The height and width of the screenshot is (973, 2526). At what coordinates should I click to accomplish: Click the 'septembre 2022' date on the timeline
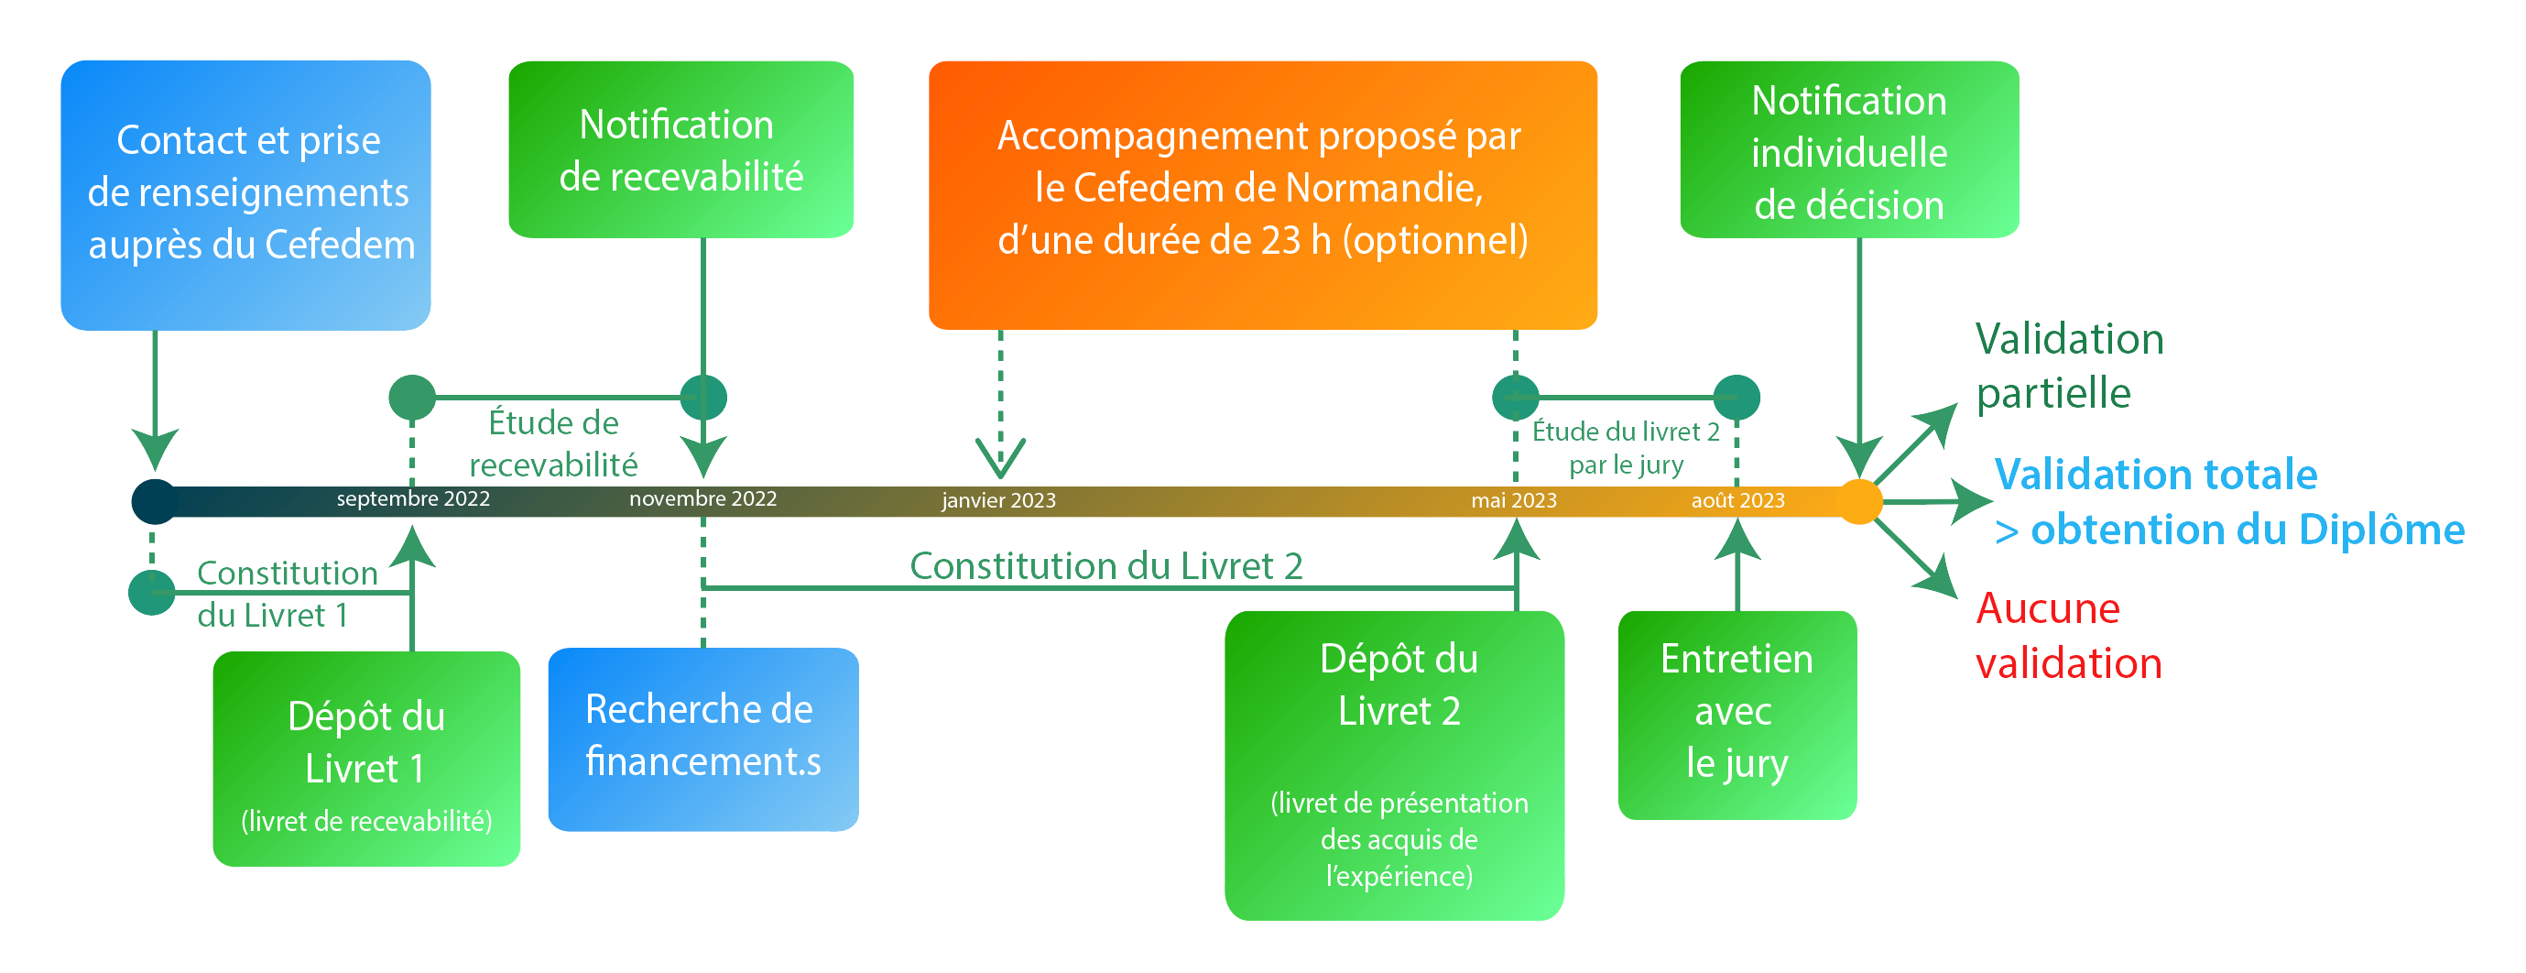pyautogui.click(x=413, y=499)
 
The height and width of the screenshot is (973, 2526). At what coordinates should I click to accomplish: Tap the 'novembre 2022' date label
pyautogui.click(x=703, y=499)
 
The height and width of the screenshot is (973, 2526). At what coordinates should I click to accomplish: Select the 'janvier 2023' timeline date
pyautogui.click(x=998, y=501)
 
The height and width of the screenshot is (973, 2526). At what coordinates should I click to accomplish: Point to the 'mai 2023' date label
pyautogui.click(x=1513, y=501)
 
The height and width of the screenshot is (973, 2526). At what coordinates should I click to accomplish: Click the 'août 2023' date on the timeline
pyautogui.click(x=1737, y=501)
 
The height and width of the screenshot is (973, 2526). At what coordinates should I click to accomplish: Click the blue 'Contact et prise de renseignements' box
pyautogui.click(x=246, y=194)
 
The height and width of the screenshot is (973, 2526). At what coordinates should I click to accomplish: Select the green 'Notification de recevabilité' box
pyautogui.click(x=680, y=150)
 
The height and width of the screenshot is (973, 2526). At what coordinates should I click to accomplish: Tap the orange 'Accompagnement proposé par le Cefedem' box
pyautogui.click(x=1262, y=194)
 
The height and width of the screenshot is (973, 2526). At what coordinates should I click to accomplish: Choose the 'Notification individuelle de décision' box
pyautogui.click(x=1848, y=150)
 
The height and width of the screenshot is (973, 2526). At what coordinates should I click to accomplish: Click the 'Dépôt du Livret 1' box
pyautogui.click(x=365, y=759)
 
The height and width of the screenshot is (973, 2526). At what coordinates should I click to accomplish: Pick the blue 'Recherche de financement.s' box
pyautogui.click(x=702, y=738)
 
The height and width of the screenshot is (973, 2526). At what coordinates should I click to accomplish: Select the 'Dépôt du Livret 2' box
pyautogui.click(x=1393, y=764)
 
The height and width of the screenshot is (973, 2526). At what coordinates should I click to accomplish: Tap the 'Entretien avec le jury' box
pyautogui.click(x=1737, y=714)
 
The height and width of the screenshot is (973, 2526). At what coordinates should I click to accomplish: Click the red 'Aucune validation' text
pyautogui.click(x=2067, y=636)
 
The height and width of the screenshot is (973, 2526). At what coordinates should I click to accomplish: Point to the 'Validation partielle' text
pyautogui.click(x=2068, y=366)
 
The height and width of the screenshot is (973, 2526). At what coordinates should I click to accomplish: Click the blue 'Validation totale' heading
pyautogui.click(x=2155, y=475)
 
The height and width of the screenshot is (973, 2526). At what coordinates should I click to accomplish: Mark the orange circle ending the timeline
pyautogui.click(x=1858, y=501)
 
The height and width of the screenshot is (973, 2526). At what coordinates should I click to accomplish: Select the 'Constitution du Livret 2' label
pyautogui.click(x=1105, y=566)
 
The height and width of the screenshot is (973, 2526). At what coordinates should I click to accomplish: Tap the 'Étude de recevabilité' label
pyautogui.click(x=553, y=443)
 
